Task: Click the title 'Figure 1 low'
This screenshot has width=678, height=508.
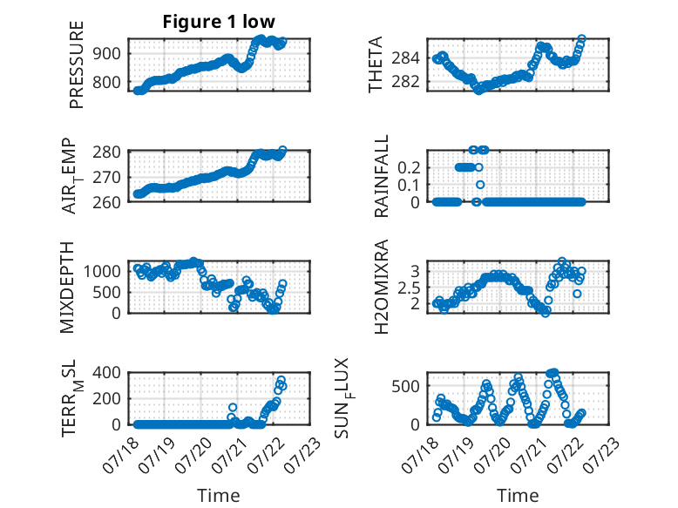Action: [219, 22]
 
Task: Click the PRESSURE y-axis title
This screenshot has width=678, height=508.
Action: [76, 64]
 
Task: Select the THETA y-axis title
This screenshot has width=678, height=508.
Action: [376, 64]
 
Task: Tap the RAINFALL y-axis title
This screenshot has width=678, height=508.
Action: [382, 176]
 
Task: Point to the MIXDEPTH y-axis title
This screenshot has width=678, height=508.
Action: [67, 287]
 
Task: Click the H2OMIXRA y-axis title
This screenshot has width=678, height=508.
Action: [382, 287]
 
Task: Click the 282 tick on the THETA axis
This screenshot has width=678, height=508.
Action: [405, 82]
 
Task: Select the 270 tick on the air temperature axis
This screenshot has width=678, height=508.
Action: [106, 177]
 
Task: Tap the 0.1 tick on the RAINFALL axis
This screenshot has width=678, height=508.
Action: [409, 185]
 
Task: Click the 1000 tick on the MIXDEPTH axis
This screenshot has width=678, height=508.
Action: [102, 272]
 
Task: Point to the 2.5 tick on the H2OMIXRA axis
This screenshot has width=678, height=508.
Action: [409, 288]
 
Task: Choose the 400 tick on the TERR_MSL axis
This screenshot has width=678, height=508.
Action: [106, 372]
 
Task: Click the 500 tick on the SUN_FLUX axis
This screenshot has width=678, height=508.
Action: [405, 386]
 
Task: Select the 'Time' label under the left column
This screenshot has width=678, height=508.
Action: [219, 495]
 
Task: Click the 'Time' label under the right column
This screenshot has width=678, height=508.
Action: [518, 495]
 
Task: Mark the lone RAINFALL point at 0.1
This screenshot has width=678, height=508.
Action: [480, 185]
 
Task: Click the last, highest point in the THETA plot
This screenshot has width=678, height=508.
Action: [581, 38]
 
